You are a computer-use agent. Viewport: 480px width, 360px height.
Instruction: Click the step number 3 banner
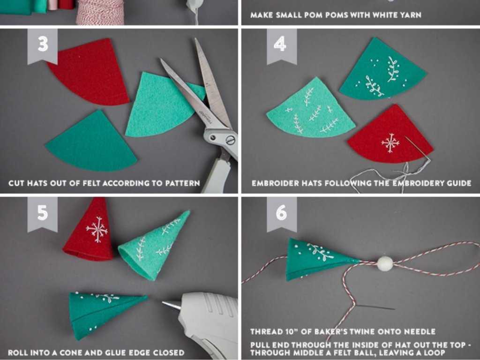pyautogui.click(x=42, y=46)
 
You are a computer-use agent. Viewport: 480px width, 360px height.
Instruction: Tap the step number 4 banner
pyautogui.click(x=282, y=46)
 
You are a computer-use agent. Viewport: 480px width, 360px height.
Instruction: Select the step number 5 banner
pyautogui.click(x=42, y=214)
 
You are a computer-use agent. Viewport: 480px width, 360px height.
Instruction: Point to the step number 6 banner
pyautogui.click(x=282, y=214)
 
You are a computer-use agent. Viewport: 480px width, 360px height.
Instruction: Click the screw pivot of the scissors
pyautogui.click(x=230, y=140)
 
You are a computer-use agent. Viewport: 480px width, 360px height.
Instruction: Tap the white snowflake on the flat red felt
pyautogui.click(x=390, y=142)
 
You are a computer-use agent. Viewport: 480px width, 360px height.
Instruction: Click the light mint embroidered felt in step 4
pyautogui.click(x=311, y=110)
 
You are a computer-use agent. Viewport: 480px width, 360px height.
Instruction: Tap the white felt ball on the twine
pyautogui.click(x=385, y=264)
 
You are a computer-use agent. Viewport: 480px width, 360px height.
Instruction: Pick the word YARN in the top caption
pyautogui.click(x=411, y=15)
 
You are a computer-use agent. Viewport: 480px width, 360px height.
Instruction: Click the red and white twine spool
pyautogui.click(x=100, y=12)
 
